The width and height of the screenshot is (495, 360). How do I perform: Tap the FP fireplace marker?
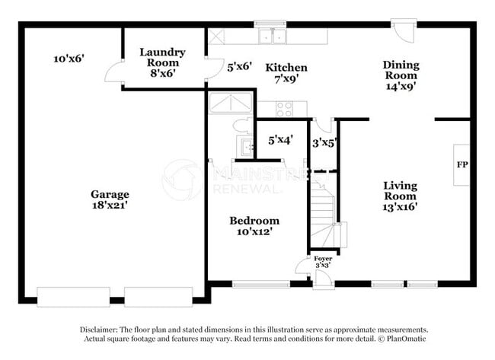[462, 164]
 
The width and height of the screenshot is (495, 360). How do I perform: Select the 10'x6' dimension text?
[69, 59]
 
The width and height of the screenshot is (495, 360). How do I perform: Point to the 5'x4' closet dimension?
[281, 140]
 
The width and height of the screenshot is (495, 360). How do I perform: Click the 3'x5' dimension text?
[324, 144]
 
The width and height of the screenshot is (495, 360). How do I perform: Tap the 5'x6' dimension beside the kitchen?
[240, 66]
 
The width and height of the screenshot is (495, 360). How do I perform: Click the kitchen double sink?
[273, 37]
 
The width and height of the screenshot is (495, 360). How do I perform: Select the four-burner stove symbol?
[285, 109]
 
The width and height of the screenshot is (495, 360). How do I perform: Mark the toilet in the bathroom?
[242, 126]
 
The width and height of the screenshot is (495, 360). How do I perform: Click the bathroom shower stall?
[231, 103]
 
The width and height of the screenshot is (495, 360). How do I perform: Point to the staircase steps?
[323, 215]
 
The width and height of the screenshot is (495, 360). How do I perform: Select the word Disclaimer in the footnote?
[99, 330]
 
